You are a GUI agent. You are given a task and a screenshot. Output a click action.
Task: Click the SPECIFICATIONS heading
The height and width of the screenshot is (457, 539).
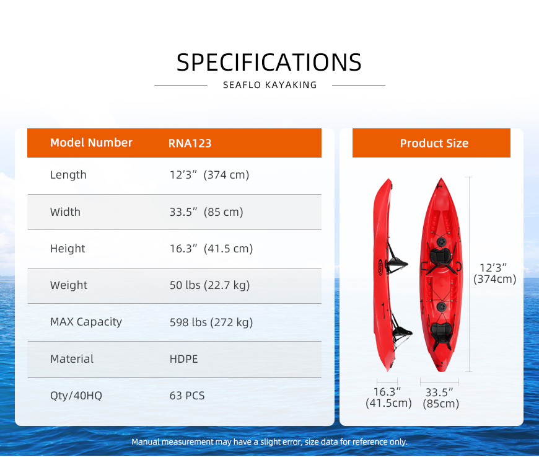[x=269, y=62]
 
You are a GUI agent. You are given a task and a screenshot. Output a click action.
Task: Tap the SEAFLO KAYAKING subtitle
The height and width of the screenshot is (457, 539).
[x=270, y=85]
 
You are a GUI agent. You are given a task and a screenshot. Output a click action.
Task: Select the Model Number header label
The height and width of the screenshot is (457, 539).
[x=91, y=143]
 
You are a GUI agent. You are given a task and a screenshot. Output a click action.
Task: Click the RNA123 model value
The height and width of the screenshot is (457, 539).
[x=190, y=143]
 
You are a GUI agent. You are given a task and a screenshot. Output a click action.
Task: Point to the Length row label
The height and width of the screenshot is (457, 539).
[x=68, y=175]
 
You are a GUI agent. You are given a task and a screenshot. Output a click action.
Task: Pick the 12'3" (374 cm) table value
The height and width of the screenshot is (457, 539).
[x=209, y=175]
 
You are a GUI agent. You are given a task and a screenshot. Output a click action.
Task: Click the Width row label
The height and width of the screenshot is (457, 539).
[x=65, y=211]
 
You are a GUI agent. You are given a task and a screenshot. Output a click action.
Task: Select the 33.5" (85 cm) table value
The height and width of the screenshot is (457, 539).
[x=206, y=212]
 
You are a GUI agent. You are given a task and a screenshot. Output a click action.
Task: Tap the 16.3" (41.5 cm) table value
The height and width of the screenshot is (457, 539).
[x=211, y=249]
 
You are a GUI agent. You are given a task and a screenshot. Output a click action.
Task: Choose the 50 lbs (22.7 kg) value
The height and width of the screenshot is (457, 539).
[x=209, y=285]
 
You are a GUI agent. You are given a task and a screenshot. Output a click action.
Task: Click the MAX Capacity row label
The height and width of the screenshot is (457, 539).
[x=86, y=322]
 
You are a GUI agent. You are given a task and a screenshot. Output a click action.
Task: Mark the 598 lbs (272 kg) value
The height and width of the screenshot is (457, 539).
[x=211, y=322]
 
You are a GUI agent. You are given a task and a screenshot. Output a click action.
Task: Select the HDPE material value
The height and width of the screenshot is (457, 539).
[x=183, y=359]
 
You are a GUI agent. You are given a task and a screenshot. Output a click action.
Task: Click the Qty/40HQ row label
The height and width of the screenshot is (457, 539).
[x=76, y=396]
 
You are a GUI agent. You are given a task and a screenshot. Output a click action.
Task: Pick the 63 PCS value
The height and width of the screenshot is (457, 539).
[x=187, y=396]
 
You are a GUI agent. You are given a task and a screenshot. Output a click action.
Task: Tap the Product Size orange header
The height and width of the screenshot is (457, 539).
[x=431, y=143]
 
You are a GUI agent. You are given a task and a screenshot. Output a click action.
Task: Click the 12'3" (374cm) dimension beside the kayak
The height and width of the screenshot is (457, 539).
[x=494, y=273]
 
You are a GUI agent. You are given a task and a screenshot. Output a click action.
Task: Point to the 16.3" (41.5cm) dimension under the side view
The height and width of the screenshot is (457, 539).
[x=388, y=397]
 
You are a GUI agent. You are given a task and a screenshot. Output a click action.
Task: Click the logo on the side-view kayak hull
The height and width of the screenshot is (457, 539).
[x=380, y=267]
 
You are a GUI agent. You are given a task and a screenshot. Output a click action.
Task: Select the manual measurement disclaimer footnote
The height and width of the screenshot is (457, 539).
[x=269, y=442]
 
